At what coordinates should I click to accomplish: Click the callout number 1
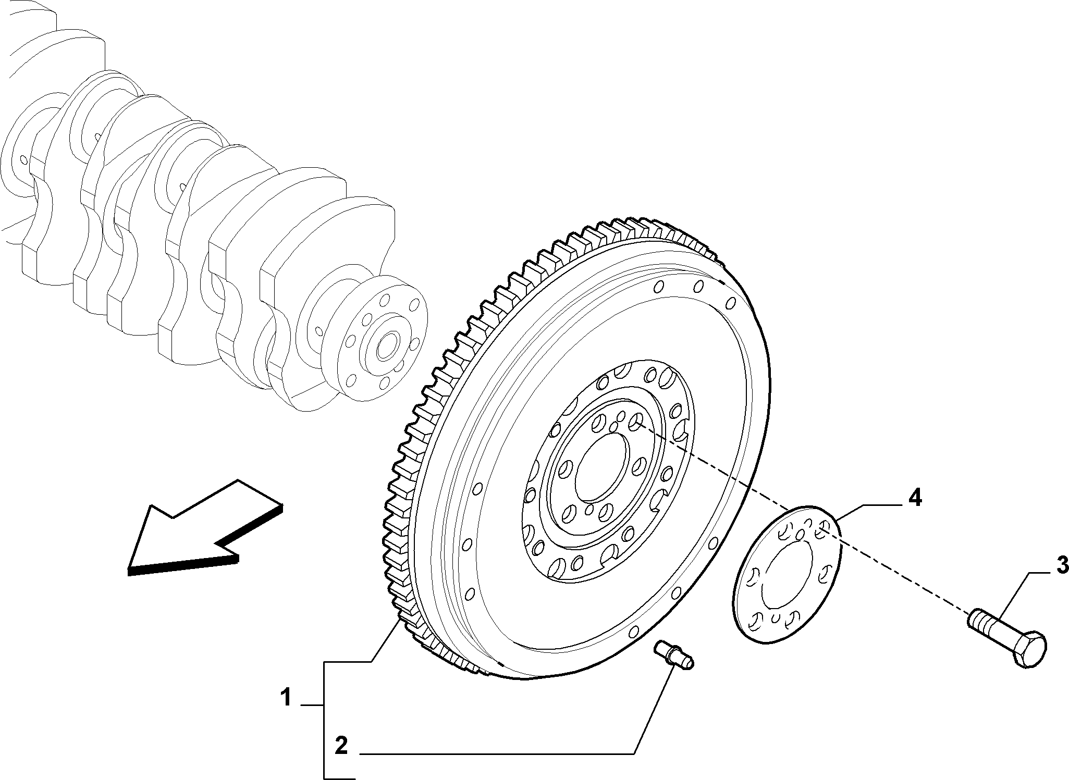pyautogui.click(x=286, y=697)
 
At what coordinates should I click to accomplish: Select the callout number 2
pyautogui.click(x=341, y=746)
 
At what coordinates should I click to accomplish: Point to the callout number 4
pyautogui.click(x=914, y=499)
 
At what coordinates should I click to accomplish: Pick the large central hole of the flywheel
pyautogui.click(x=600, y=463)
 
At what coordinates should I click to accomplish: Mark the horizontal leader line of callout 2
pyautogui.click(x=497, y=753)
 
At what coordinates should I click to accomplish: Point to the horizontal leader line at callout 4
pyautogui.click(x=881, y=505)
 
